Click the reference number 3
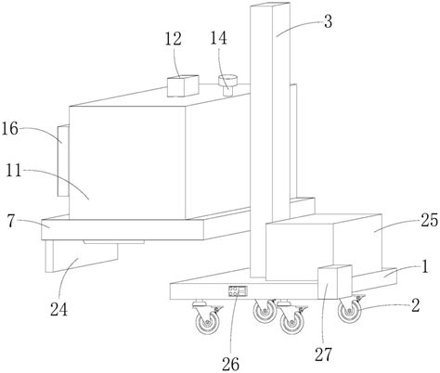[x=328, y=21]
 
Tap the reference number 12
[x=174, y=39]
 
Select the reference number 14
[x=219, y=38]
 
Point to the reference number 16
[x=10, y=129]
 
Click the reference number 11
[x=14, y=170]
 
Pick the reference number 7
[x=11, y=222]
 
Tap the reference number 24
[x=58, y=309]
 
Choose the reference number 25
[x=430, y=221]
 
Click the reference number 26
[x=230, y=364]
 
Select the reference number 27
[x=324, y=354]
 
